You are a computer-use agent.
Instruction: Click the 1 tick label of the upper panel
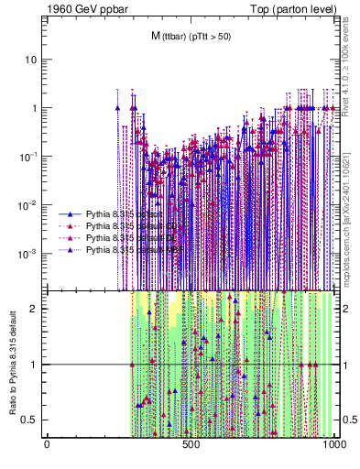35,108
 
